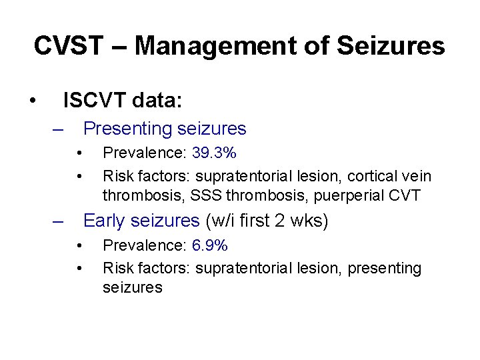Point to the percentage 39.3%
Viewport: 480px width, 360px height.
[214, 153]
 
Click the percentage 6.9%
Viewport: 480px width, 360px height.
[210, 246]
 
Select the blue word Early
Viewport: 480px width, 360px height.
[107, 220]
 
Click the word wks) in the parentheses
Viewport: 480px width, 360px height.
[309, 220]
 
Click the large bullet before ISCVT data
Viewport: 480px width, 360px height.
[32, 102]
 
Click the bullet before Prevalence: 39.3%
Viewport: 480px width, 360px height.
[79, 154]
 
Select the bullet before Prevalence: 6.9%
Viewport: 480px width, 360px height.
[79, 247]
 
